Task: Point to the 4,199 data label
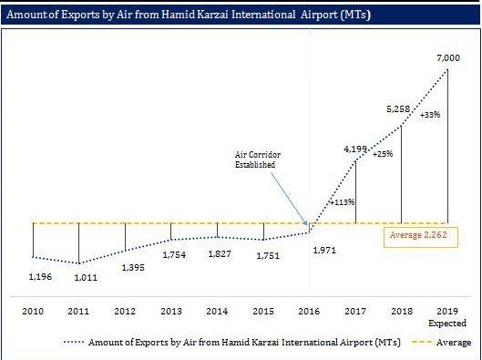coord(356,148)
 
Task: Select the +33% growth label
coord(430,115)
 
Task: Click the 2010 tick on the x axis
coord(33,312)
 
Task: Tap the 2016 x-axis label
coord(310,312)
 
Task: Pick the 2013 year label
coord(171,312)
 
